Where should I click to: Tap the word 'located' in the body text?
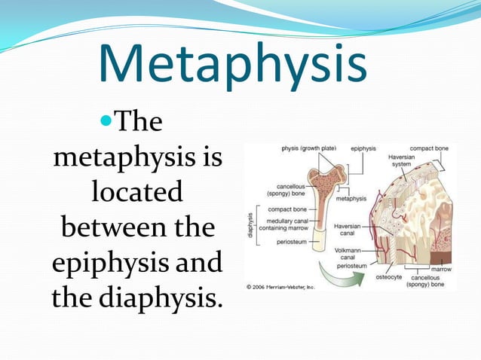click(x=137, y=192)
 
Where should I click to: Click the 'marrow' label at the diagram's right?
click(x=440, y=268)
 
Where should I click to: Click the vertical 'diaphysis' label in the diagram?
click(x=250, y=224)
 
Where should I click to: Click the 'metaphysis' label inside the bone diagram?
click(x=351, y=199)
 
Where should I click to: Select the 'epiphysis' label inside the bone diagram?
click(x=363, y=148)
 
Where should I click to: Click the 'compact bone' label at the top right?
click(x=428, y=148)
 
